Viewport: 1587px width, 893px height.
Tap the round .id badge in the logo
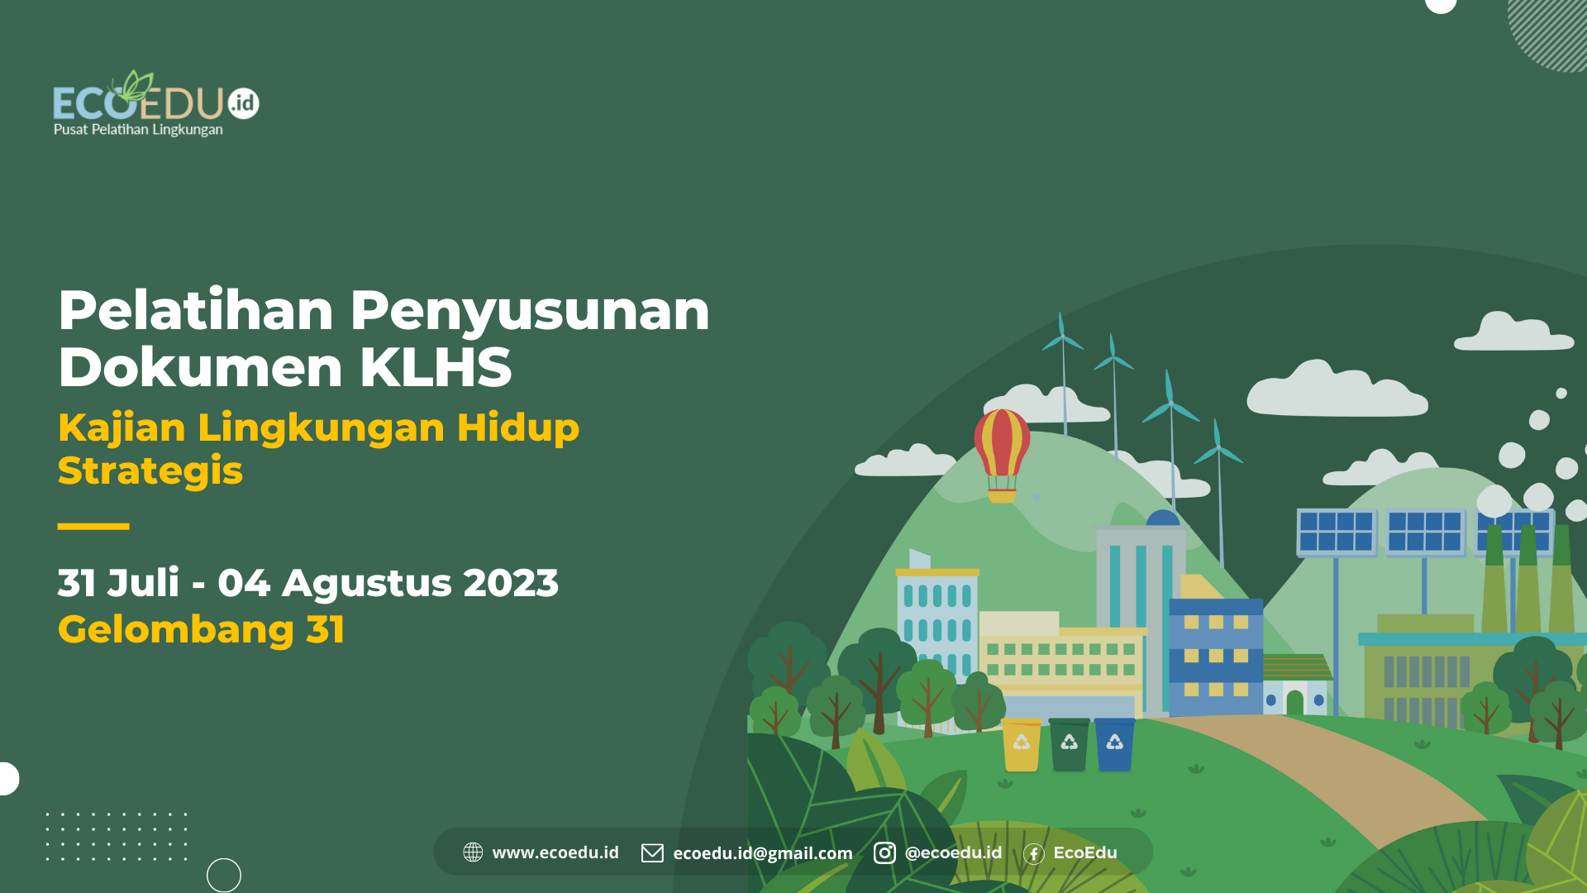tap(243, 103)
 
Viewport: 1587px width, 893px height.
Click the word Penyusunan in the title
tap(529, 311)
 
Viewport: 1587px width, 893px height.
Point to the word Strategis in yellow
tap(150, 470)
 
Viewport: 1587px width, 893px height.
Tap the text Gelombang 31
tap(201, 629)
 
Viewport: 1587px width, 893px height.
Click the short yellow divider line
tap(93, 526)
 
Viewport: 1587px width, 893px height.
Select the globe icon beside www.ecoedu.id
tap(473, 852)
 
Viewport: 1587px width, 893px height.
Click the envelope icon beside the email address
tap(652, 852)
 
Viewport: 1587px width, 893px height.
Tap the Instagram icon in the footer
tap(884, 852)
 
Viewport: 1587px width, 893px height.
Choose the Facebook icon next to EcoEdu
tap(1033, 853)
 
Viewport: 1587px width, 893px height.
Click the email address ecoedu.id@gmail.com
tap(762, 853)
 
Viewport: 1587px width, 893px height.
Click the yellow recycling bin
tap(1022, 745)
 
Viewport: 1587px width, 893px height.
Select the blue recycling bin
tap(1114, 745)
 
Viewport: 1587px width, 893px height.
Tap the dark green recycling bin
tap(1069, 745)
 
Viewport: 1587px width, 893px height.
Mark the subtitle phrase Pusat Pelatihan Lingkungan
tap(138, 130)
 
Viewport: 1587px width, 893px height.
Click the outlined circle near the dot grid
tap(223, 875)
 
